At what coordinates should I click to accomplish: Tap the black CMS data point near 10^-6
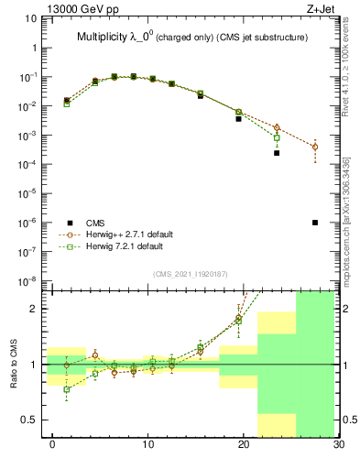point(315,223)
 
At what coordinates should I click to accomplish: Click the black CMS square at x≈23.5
point(277,153)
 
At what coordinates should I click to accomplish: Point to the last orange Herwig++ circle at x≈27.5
point(315,147)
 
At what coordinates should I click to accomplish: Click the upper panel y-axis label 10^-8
point(27,280)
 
